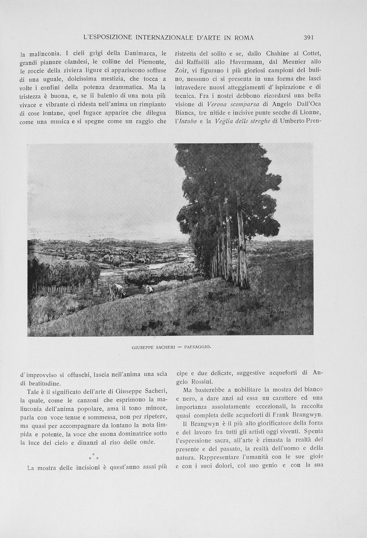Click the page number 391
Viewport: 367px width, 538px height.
[x=308, y=38]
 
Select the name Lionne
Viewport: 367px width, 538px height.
[x=309, y=112]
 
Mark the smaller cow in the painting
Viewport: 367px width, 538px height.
[x=149, y=289]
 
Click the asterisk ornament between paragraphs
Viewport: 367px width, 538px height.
[x=94, y=457]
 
